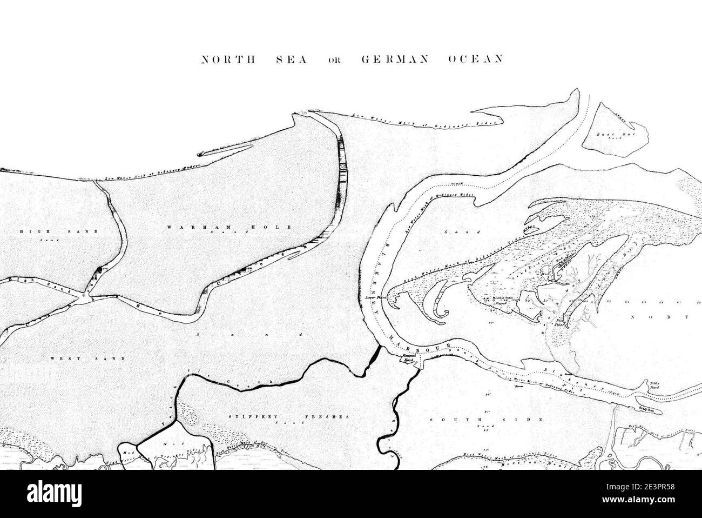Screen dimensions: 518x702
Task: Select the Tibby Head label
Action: (x=655, y=386)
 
